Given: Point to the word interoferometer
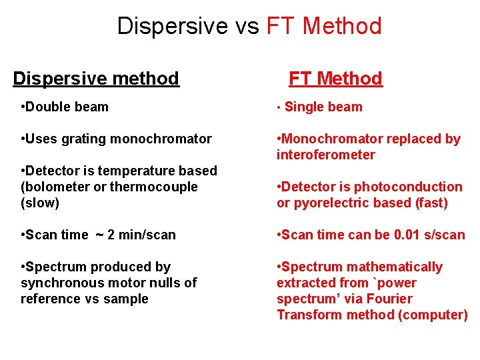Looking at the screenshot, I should [326, 155].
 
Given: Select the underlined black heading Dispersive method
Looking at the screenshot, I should [96, 79].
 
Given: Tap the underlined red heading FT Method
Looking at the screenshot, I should [335, 79].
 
